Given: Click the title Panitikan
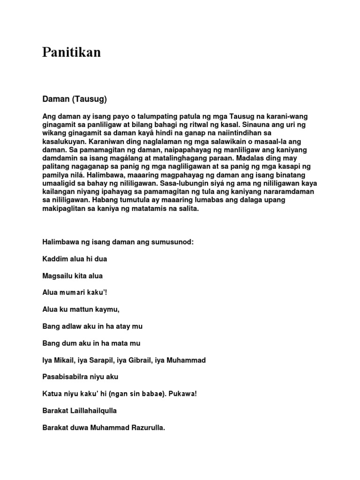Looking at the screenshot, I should click(x=71, y=52).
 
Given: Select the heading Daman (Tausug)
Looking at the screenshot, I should click(x=75, y=99).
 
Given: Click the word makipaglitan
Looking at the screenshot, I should click(x=64, y=209).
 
